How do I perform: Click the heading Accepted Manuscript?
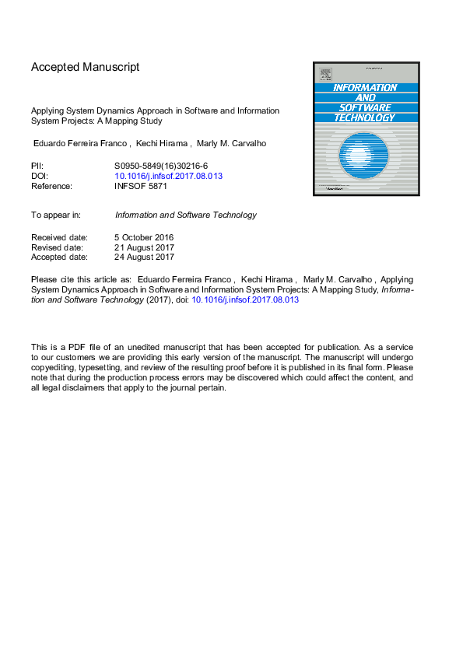[86, 67]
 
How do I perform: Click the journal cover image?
[366, 129]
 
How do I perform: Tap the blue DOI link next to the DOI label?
[168, 176]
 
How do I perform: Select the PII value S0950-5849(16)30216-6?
[161, 166]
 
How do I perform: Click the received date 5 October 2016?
[144, 237]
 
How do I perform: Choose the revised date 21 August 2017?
[144, 247]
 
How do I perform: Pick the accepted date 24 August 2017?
[144, 257]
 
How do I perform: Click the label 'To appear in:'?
[57, 215]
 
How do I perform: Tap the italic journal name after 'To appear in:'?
[185, 215]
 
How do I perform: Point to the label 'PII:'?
[37, 166]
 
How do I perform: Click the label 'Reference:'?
[51, 186]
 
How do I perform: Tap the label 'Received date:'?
[59, 237]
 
